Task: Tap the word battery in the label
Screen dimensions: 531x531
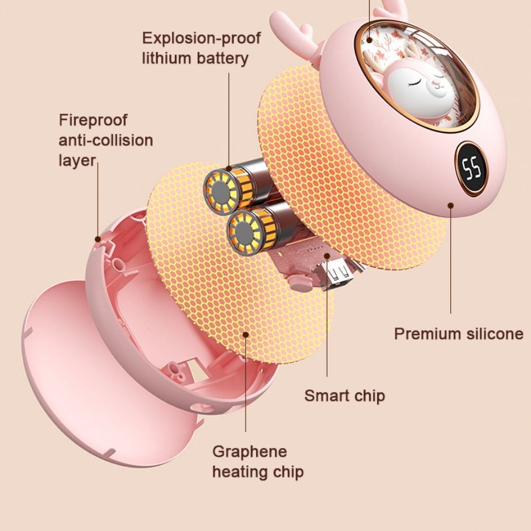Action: click(222, 58)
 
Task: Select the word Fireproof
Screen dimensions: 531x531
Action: click(92, 120)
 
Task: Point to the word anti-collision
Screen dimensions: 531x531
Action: click(105, 140)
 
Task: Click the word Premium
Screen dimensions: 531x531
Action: click(427, 334)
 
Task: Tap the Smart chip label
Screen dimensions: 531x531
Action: click(344, 396)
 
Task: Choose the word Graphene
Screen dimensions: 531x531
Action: click(250, 451)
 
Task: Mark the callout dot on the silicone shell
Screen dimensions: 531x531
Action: click(451, 205)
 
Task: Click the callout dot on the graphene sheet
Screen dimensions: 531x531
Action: click(246, 335)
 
